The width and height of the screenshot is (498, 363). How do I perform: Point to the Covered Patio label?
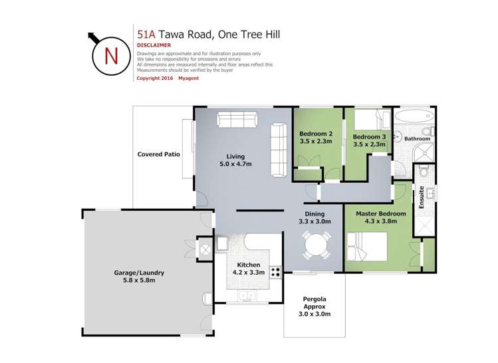coord(158,154)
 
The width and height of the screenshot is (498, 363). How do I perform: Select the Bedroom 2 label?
coord(315,137)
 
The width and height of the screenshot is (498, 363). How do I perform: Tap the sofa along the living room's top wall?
coord(237,120)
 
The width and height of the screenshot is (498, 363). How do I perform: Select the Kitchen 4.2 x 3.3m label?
coord(247,268)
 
